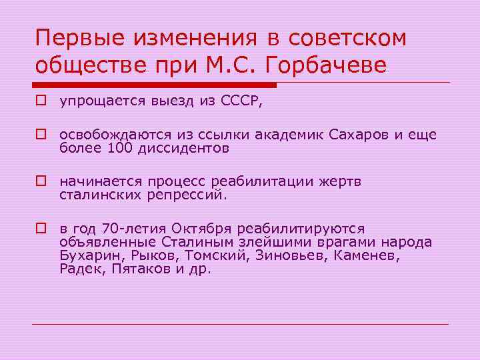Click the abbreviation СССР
pos(247,102)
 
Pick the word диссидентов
pos(183,148)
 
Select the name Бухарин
pos(88,255)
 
